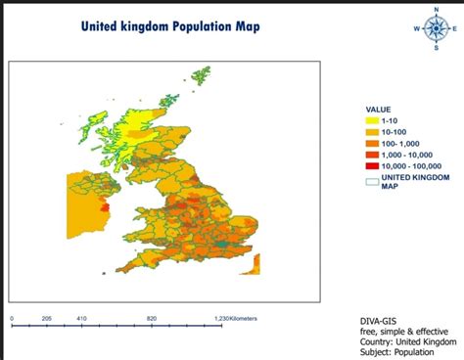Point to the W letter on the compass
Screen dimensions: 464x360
coord(415,28)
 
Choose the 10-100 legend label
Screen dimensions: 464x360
coord(394,132)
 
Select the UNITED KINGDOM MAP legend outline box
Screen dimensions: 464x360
coord(372,179)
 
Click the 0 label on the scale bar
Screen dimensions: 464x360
coord(12,318)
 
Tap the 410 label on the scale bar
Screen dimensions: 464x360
coord(81,318)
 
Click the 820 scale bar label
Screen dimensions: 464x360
coord(152,318)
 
